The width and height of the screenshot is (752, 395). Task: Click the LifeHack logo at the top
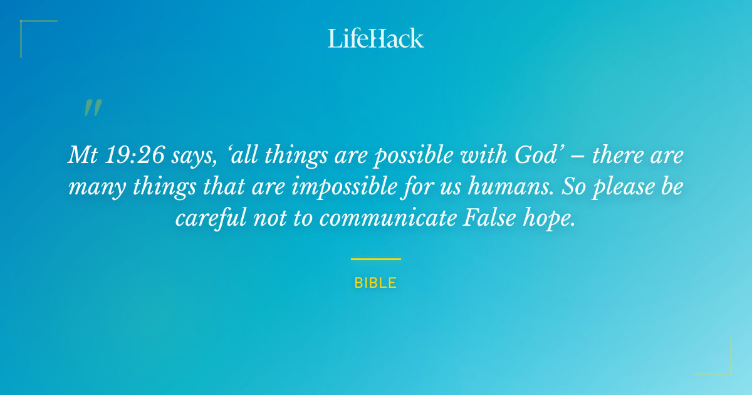[376, 38]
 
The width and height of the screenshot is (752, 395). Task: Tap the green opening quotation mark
[93, 108]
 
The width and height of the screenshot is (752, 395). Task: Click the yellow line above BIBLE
[376, 258]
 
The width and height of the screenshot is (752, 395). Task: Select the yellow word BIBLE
[376, 283]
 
